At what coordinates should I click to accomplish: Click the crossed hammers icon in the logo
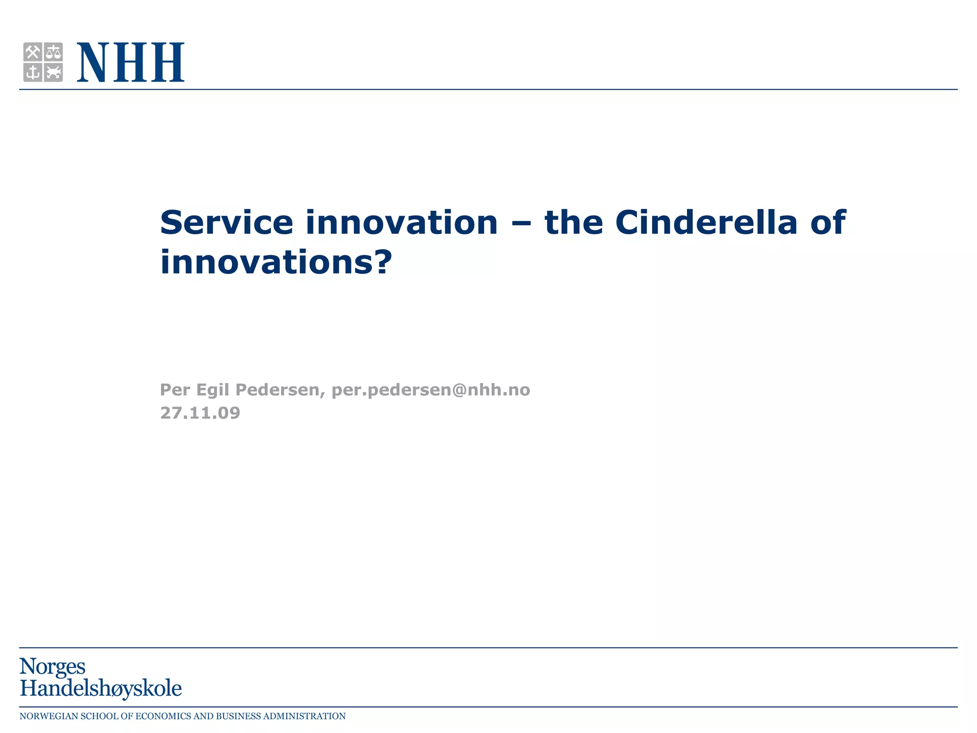tap(32, 52)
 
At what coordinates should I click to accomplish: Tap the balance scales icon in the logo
tap(53, 52)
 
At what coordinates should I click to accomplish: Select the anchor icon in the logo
tap(32, 73)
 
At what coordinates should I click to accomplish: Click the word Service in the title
tap(226, 222)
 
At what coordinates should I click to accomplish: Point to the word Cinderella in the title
tap(706, 222)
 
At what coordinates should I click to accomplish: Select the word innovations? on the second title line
tap(276, 262)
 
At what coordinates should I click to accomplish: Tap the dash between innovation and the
tap(521, 223)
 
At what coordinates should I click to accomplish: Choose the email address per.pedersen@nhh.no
tap(430, 390)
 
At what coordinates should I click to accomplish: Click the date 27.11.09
tap(200, 413)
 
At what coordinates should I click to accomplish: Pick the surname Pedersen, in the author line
tap(281, 390)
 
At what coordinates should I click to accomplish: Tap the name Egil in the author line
tap(213, 390)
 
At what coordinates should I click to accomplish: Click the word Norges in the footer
tap(52, 667)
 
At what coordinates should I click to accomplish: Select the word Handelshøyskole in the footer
tap(101, 689)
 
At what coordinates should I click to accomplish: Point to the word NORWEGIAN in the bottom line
tap(48, 716)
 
